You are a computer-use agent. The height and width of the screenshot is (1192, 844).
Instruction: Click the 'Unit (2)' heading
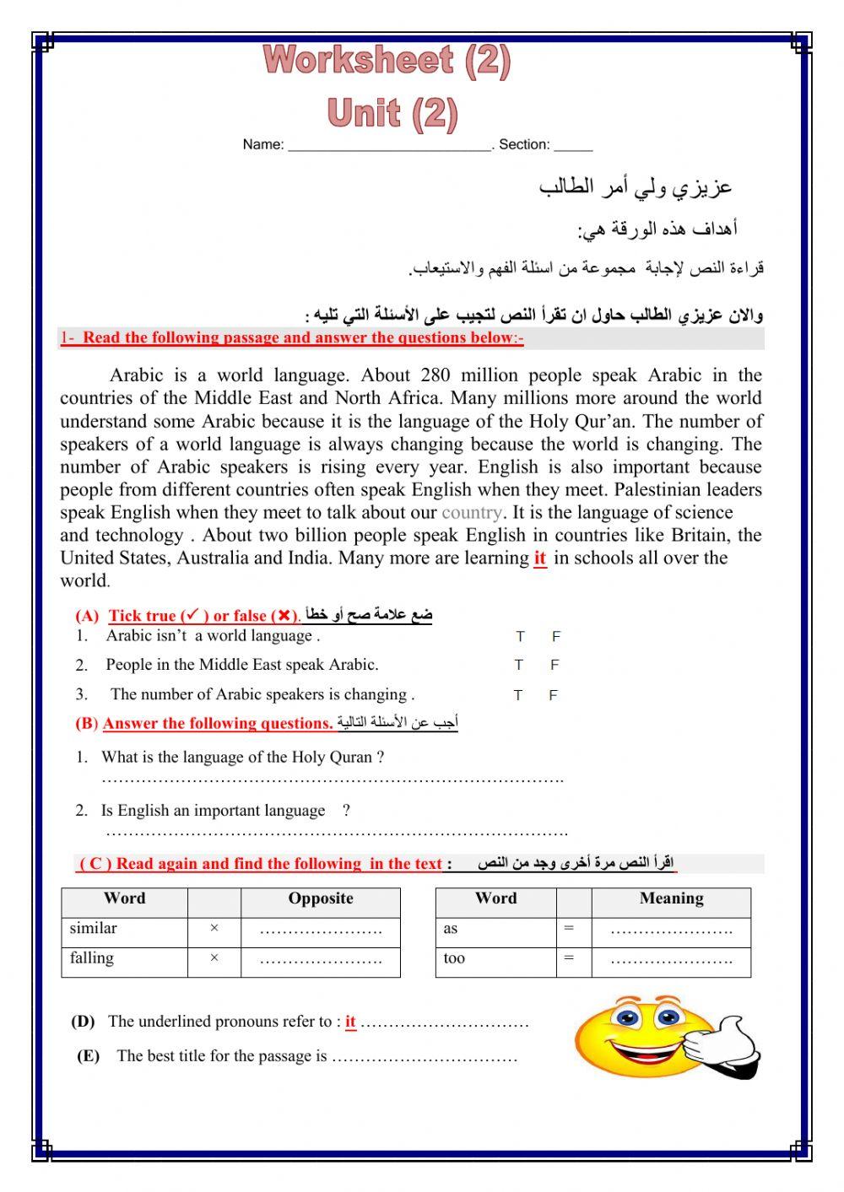pos(392,113)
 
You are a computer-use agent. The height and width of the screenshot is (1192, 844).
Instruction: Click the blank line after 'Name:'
pos(389,145)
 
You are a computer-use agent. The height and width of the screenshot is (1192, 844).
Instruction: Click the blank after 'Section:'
pos(573,145)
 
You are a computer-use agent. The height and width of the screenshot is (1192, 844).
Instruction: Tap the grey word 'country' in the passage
pos(472,513)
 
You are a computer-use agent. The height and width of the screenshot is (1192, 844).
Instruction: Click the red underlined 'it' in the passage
pos(540,558)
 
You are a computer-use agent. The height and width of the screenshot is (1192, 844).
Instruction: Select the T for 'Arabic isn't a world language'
pos(520,637)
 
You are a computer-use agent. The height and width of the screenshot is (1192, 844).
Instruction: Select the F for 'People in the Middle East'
pos(555,666)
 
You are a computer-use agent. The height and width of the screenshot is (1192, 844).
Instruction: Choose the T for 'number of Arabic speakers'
pos(518,696)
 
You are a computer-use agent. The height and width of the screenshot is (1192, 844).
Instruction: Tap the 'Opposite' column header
pos(320,899)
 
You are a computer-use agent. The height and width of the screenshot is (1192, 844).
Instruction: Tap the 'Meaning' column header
pos(671,899)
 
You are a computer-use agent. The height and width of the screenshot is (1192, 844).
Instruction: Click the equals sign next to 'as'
pos(569,929)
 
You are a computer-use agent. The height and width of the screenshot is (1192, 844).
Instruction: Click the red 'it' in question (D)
pos(350,1022)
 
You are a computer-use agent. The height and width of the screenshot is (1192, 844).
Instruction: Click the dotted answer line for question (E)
pos(424,1058)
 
